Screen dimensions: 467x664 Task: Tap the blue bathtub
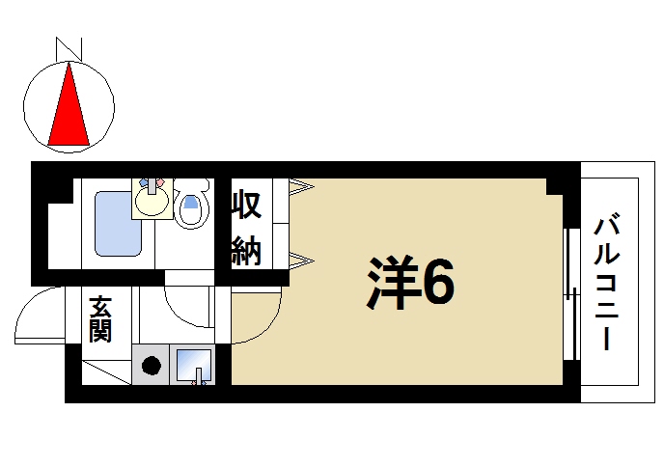[118, 224]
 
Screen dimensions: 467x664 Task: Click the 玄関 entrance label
[99, 319]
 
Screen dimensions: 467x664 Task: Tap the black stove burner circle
[152, 366]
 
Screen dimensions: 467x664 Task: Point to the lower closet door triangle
[300, 258]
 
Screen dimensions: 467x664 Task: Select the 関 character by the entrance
[99, 331]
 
